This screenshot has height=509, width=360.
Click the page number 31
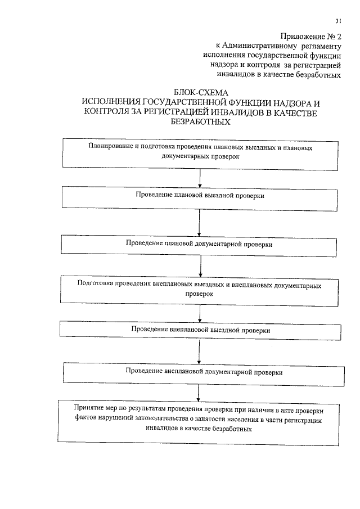339,21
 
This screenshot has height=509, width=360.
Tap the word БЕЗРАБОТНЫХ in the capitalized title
200,123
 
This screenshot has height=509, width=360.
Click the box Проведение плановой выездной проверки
200,197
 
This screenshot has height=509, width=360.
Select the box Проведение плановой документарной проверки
200,245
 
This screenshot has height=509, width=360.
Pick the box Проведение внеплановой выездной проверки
200,330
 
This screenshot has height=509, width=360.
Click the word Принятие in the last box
88,407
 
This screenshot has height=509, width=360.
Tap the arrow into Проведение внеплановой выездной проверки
200,313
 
